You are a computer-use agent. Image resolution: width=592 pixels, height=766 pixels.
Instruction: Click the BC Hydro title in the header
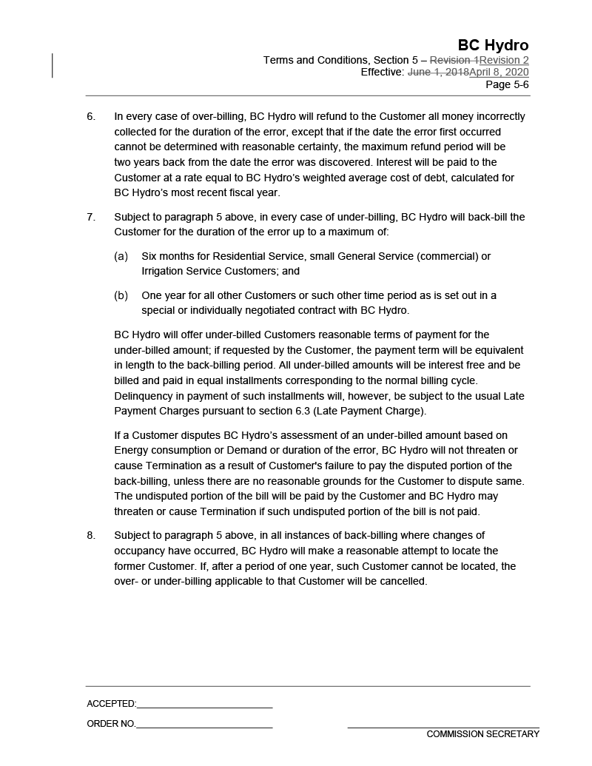click(493, 45)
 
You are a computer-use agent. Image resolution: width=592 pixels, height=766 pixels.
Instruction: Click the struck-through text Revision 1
click(454, 60)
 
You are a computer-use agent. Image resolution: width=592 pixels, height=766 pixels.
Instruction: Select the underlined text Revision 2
click(504, 60)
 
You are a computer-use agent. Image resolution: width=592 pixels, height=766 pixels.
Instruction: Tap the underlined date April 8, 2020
click(499, 72)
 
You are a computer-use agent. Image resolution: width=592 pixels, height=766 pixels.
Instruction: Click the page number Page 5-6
click(507, 84)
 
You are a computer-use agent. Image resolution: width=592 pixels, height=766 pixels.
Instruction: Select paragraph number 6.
click(91, 116)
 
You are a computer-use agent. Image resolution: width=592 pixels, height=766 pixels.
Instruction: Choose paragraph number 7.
click(91, 217)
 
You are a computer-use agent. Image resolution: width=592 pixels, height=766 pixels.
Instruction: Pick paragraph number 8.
click(91, 535)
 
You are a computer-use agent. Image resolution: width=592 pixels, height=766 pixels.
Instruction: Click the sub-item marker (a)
click(121, 256)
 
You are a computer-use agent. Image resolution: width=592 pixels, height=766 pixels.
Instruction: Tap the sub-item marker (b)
click(121, 295)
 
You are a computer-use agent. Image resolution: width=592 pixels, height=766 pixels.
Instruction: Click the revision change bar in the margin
click(53, 66)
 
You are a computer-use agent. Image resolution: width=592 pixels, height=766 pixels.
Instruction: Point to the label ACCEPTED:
click(111, 704)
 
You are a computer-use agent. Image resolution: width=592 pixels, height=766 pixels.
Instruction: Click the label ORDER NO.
click(111, 724)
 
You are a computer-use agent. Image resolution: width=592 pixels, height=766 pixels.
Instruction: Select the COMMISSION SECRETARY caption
click(482, 734)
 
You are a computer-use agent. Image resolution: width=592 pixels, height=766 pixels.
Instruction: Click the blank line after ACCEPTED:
click(204, 707)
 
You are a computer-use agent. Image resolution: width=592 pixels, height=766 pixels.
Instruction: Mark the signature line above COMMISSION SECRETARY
click(443, 728)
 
